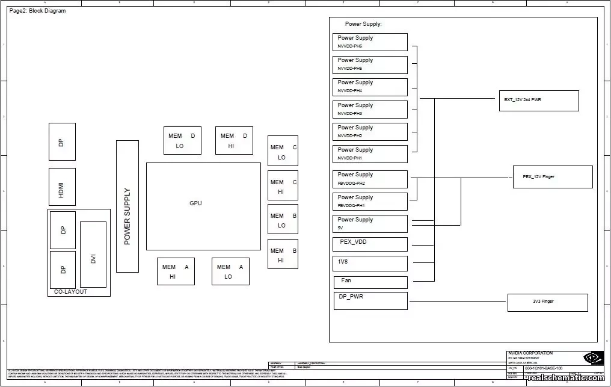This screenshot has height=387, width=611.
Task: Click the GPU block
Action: pos(203,206)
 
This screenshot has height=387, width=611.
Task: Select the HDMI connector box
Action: pos(62,187)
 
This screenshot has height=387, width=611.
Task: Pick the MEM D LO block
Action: pos(182,140)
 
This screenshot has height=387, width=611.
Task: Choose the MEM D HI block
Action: pos(235,140)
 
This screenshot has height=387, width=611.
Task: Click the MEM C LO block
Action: pos(283,151)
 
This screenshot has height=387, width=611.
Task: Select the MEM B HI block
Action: pos(283,255)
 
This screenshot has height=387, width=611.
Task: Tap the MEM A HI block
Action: pos(176,271)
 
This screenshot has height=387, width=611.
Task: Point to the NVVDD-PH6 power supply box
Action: pos(370,42)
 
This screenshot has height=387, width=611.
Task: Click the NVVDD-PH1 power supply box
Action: pos(370,153)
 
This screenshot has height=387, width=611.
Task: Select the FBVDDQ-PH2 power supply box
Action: pos(370,179)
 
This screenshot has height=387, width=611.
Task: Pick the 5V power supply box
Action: pos(370,223)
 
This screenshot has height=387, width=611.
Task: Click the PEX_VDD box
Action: pos(370,243)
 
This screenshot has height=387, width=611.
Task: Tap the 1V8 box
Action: pos(370,263)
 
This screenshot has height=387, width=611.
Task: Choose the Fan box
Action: pos(370,282)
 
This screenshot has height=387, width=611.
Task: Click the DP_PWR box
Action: pos(370,300)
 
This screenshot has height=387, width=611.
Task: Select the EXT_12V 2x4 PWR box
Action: pos(538,101)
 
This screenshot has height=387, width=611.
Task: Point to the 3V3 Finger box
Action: pos(547,302)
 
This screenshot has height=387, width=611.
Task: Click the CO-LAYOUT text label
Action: pos(70,292)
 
